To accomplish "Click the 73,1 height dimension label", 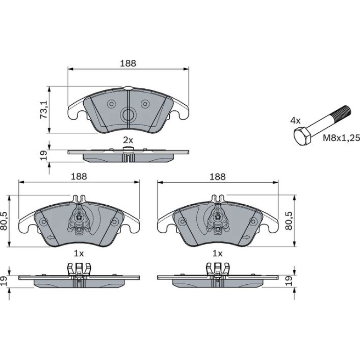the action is click(x=43, y=109).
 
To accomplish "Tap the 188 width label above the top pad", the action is click(x=128, y=63).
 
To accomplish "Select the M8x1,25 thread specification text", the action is click(x=341, y=138).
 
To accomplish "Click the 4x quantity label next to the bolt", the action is click(x=295, y=120).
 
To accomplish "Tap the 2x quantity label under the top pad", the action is click(x=128, y=140).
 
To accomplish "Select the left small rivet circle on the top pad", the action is click(x=112, y=104).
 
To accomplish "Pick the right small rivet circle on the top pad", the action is click(x=145, y=104).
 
